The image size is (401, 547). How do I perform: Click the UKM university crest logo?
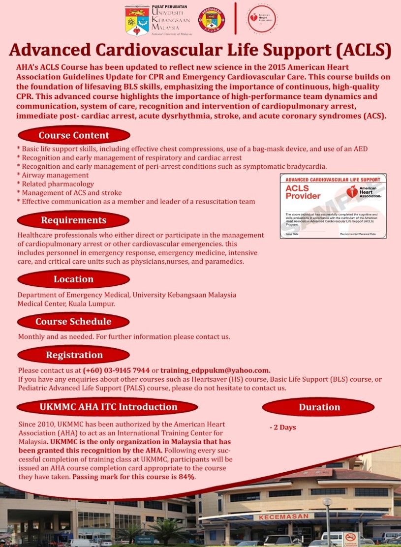point(137,20)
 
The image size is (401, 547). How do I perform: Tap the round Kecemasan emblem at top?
point(211,20)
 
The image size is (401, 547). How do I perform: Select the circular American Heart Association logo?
point(262,19)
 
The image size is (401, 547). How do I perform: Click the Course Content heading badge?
point(74,135)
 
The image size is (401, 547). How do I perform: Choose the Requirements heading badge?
point(73,220)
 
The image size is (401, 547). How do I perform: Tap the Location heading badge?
point(73,279)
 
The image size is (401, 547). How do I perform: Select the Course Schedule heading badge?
point(73,322)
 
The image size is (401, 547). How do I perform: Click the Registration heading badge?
point(74,355)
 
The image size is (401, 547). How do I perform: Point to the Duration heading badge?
point(319,407)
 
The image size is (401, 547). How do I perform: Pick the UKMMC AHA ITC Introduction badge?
point(108,407)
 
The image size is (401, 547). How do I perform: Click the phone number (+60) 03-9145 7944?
point(116,370)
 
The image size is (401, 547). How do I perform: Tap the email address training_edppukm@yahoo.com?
point(215,370)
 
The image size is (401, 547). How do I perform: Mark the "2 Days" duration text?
point(283,427)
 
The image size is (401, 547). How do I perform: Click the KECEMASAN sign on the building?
point(283,517)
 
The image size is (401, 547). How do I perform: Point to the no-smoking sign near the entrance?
point(350,537)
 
